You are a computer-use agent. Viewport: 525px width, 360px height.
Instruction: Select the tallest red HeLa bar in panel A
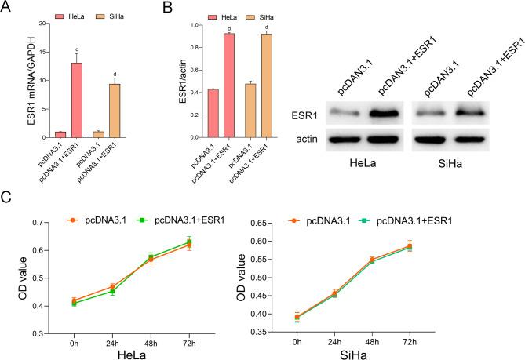click(77, 98)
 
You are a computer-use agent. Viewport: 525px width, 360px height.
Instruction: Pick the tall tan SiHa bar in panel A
click(115, 109)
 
